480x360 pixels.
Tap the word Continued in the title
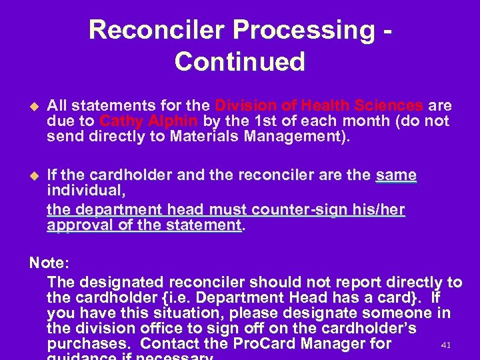[x=240, y=61]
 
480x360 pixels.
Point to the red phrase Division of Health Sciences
[x=319, y=106]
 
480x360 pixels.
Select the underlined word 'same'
[x=396, y=176]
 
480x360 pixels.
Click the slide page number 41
[x=447, y=345]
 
